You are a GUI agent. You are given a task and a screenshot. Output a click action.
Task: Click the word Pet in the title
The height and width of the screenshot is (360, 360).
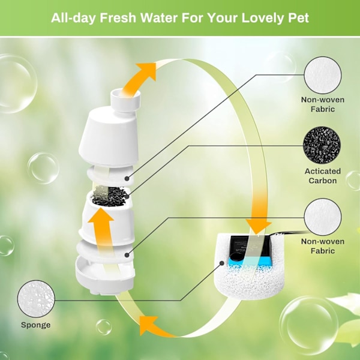298,18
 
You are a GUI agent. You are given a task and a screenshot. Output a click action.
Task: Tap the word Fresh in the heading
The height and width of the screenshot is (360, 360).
118,18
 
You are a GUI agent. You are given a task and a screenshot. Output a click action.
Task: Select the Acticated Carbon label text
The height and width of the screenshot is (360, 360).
323,176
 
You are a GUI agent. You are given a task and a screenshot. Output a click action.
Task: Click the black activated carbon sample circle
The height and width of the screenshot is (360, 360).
322,145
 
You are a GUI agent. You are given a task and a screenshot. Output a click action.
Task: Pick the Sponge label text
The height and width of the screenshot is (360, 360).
36,325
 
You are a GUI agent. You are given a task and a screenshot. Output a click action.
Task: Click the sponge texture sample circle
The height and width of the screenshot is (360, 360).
36,299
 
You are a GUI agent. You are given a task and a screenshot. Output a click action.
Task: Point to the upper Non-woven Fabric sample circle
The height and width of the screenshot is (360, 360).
323,76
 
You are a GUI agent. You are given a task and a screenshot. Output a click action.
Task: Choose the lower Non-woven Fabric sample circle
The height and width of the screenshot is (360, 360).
323,217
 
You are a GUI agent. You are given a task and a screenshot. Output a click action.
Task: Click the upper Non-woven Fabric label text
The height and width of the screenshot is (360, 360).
323,104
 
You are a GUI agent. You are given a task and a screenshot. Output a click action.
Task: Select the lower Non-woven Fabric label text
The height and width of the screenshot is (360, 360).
323,246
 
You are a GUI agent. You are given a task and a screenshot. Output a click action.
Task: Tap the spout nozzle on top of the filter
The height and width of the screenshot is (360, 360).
125,100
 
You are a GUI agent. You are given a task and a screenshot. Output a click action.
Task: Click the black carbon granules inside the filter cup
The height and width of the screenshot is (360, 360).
110,196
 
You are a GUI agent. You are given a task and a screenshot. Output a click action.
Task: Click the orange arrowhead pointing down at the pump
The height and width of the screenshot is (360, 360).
259,226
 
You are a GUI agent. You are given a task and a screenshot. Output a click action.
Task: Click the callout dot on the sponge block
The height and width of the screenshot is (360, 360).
222,263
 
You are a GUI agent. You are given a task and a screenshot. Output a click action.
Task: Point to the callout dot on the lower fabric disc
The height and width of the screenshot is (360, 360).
127,255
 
